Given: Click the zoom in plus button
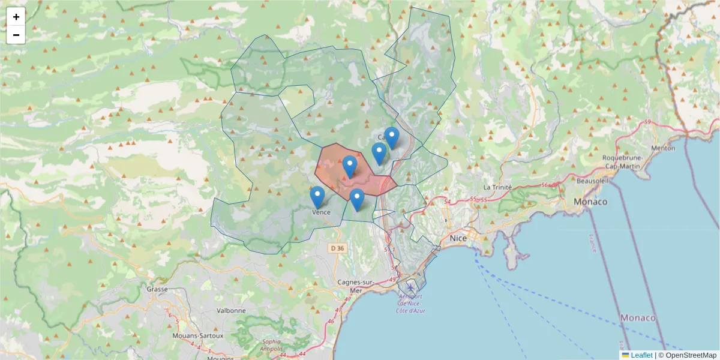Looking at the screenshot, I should (16, 17).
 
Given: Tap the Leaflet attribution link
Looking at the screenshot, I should (641, 355).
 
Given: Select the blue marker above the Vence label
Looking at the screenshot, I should (317, 197).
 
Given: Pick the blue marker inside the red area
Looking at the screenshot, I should (350, 166).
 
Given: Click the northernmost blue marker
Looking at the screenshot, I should (392, 137).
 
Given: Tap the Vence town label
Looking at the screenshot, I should (321, 212).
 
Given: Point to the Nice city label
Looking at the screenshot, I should (458, 238).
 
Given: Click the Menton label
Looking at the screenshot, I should (662, 148).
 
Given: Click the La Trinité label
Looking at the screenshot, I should (497, 187).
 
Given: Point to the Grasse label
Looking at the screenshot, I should (157, 289).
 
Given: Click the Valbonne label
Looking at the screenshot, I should (232, 311).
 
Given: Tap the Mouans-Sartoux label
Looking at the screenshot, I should (197, 335).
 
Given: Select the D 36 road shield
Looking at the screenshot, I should (338, 248).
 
